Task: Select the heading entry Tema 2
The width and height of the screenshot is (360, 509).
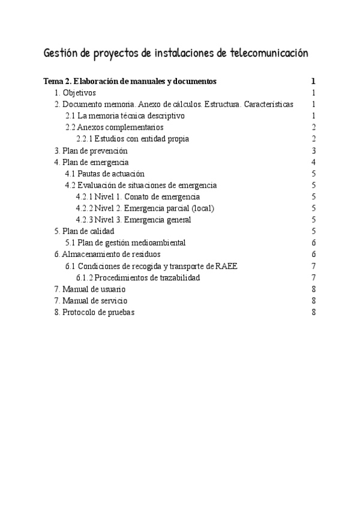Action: pos(130,81)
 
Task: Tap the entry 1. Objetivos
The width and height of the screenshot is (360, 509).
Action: pos(75,93)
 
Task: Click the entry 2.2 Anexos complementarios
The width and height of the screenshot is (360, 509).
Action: pos(115,127)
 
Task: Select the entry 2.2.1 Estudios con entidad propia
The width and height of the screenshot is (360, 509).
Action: pos(133,139)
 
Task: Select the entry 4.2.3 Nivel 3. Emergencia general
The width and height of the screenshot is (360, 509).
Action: pos(134,220)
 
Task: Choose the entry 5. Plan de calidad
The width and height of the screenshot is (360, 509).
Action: pos(85,231)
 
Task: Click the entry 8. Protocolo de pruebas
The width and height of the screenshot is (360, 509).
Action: pos(95,312)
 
